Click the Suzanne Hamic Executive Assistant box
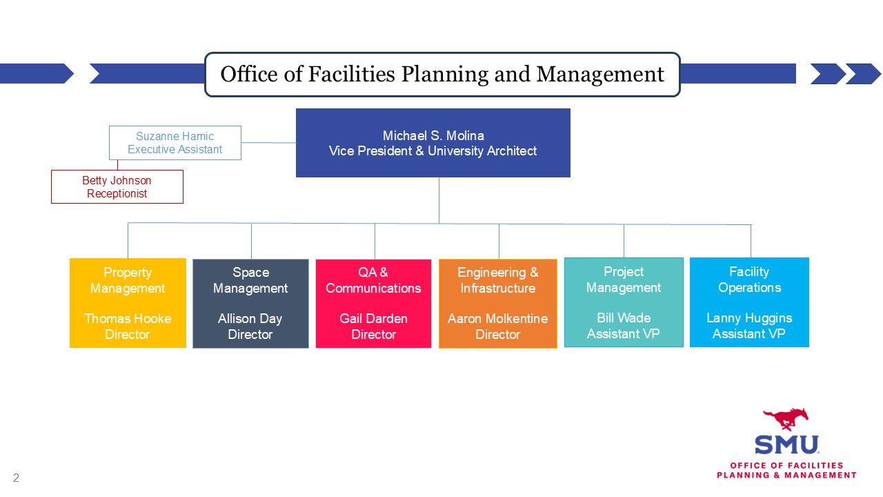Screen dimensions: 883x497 (x=175, y=143)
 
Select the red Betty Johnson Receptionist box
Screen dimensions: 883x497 (x=117, y=186)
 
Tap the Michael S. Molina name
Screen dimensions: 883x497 (x=433, y=136)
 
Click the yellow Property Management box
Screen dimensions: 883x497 (x=128, y=303)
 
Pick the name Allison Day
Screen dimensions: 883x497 (x=250, y=319)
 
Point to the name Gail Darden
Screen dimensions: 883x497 (x=373, y=319)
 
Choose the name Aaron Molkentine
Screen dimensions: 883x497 (x=498, y=319)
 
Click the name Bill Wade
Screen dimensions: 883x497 (x=624, y=318)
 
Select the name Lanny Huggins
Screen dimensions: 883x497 (x=749, y=318)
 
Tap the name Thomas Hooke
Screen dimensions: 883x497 (x=128, y=319)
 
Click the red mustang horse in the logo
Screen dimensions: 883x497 (x=786, y=419)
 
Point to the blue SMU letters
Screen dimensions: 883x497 (x=787, y=445)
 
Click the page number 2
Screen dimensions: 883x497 (x=16, y=478)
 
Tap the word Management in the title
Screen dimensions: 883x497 (x=600, y=74)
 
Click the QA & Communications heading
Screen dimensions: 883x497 (x=373, y=280)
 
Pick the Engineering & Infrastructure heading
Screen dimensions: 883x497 (x=498, y=280)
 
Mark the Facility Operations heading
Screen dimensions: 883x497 (x=749, y=280)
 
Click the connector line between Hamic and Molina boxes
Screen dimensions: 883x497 (x=269, y=142)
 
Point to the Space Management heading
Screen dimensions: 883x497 (x=250, y=280)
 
